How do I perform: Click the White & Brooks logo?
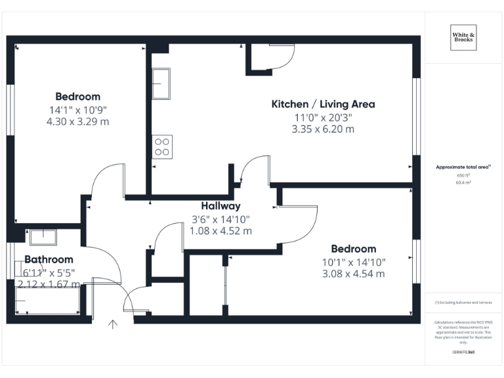[464, 37]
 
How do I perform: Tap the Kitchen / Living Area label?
[323, 104]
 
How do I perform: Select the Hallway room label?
[220, 206]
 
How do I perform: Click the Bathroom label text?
[49, 259]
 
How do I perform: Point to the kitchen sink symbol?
[161, 83]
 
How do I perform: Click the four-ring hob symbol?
[162, 146]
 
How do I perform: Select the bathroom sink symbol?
[44, 236]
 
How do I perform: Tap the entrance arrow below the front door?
[113, 324]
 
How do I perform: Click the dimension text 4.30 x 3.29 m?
[77, 121]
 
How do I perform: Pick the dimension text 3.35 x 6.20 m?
[323, 129]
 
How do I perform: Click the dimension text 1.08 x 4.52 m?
[220, 230]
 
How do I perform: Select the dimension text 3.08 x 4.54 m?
[354, 274]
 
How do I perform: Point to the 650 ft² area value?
[464, 176]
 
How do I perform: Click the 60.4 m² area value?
[464, 183]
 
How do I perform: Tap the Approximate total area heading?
[463, 167]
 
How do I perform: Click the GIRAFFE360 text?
[464, 353]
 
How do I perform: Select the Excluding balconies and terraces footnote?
[463, 303]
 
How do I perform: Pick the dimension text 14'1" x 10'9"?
[77, 110]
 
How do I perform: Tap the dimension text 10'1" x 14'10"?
[354, 262]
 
